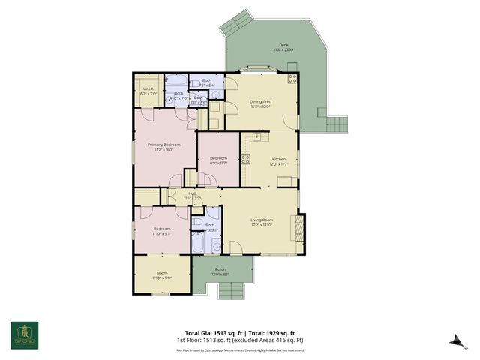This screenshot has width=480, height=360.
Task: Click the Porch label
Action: tap(220, 269)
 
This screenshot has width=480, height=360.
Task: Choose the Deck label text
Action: tap(283, 45)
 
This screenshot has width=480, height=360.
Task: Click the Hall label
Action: tap(192, 193)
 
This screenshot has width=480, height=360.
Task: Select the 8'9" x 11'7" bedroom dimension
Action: tap(218, 163)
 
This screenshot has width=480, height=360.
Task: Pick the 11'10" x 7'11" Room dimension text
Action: tap(162, 277)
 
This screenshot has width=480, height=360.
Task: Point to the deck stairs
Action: tap(340, 123)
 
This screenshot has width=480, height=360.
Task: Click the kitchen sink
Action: tap(257, 136)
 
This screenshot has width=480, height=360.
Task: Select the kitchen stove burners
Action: tap(245, 160)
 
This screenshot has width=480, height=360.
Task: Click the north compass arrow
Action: tap(454, 341)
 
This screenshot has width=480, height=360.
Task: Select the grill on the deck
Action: tap(292, 77)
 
